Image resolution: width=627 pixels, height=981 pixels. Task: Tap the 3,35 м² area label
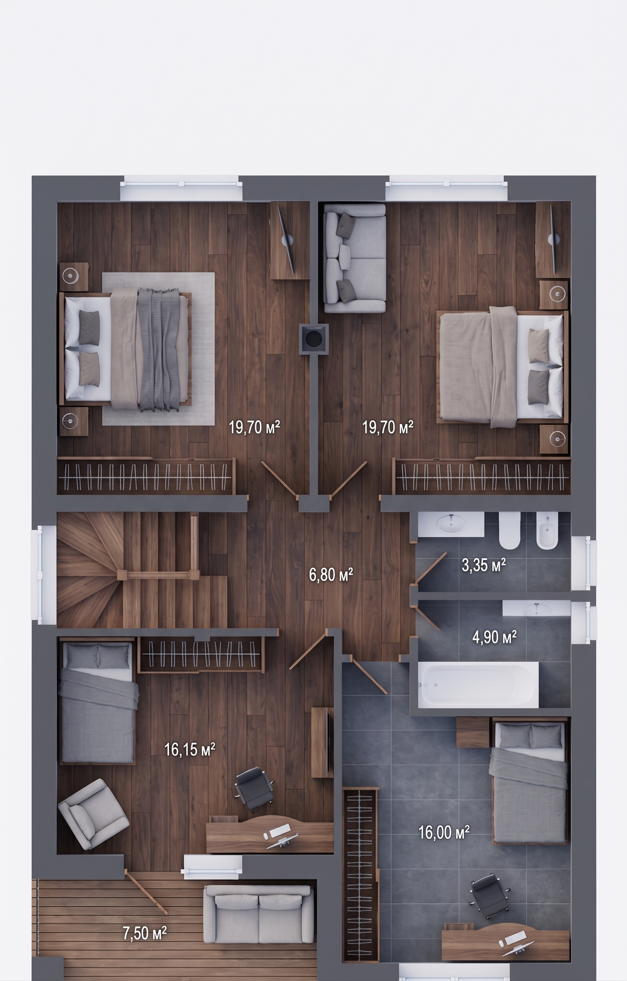[484, 565]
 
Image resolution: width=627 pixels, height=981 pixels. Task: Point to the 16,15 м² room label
[189, 749]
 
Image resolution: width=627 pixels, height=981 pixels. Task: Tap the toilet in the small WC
[510, 530]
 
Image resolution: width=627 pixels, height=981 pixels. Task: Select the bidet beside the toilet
[547, 530]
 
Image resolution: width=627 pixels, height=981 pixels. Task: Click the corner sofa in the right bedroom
[355, 258]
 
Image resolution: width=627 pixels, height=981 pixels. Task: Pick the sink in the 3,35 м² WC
[451, 524]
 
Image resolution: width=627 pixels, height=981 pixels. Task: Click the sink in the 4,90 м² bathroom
[536, 608]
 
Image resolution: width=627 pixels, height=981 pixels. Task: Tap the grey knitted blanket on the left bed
[159, 350]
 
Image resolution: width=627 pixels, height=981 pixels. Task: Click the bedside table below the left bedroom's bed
[74, 421]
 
